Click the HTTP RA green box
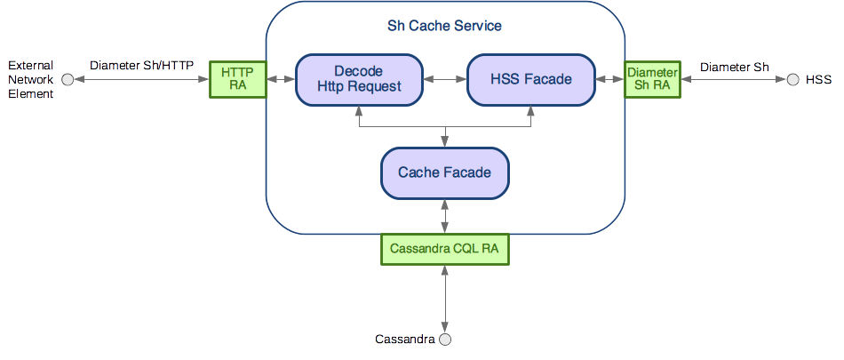237,79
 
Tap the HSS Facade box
530,79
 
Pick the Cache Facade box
444,172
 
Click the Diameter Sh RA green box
652,79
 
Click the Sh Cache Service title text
444,26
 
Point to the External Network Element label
30,79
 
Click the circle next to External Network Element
68,80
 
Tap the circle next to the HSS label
792,80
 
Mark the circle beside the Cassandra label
446,339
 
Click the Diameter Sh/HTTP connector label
141,66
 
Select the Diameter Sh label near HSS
735,67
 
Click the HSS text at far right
818,80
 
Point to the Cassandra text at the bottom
404,339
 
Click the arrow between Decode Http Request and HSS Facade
444,79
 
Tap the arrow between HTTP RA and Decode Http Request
282,79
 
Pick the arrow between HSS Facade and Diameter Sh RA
610,79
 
